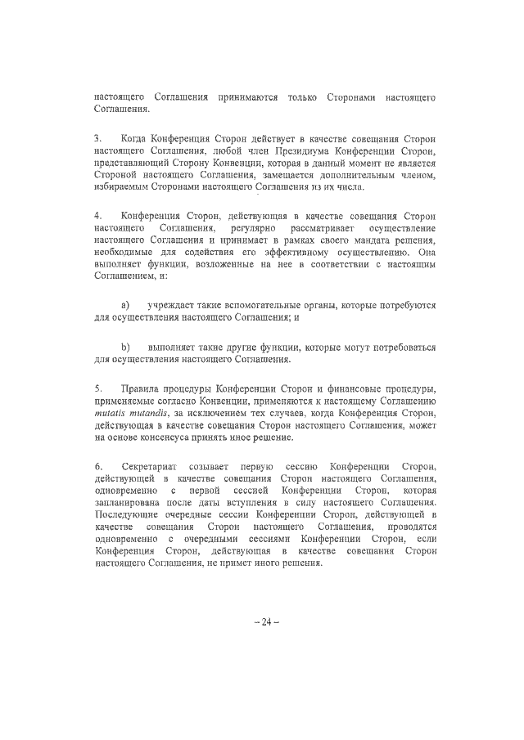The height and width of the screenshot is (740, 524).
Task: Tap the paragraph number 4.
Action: tap(97, 215)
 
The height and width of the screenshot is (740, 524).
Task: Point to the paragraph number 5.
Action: tap(97, 386)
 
